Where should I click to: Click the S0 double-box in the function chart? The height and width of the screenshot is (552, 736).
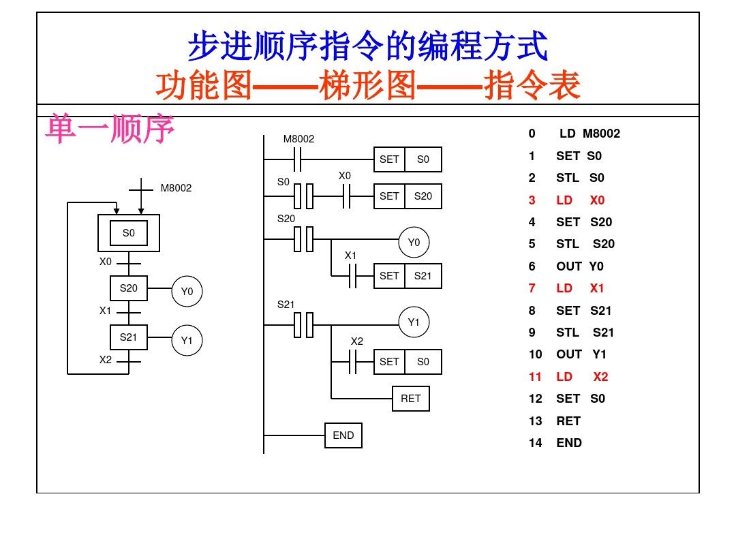tap(129, 234)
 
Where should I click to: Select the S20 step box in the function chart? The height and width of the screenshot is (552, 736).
tap(129, 288)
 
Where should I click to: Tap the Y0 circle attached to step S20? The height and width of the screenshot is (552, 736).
tap(187, 292)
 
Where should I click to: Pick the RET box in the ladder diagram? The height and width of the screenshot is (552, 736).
tap(411, 399)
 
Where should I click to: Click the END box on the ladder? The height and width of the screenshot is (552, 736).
tap(343, 435)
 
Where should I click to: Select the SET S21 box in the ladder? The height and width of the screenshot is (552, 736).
tap(408, 276)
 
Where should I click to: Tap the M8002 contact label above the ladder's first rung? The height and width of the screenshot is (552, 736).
tap(299, 139)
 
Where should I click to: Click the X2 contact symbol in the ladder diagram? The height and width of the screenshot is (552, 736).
tap(353, 362)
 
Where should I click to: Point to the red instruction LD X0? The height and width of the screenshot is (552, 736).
tap(580, 200)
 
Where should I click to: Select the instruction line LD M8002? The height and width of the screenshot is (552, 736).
tap(589, 134)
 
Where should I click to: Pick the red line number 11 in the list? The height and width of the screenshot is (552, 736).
tap(535, 377)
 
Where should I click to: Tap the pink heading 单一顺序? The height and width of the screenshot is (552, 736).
tap(110, 129)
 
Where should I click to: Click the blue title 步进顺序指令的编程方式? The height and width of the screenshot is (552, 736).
tap(368, 47)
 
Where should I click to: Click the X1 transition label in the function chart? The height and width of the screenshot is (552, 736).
tap(105, 311)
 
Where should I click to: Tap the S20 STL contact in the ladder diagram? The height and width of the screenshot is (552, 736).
tap(303, 239)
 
